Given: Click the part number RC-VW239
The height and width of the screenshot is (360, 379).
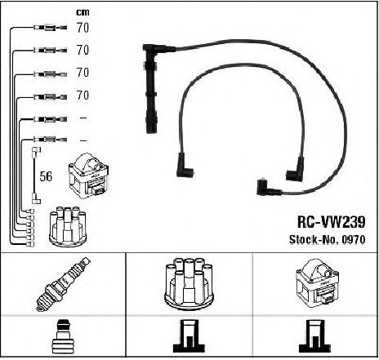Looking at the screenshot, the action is tap(331, 222).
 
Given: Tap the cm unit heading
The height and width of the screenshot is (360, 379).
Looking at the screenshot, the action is tap(82, 12).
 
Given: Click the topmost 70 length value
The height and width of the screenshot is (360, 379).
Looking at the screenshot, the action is tap(82, 28).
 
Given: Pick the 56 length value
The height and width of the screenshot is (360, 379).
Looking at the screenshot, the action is tap(46, 176).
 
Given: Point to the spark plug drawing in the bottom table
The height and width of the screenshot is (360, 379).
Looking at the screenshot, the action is tap(64, 284).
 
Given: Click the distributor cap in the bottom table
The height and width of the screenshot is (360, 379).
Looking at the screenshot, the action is tap(188, 283).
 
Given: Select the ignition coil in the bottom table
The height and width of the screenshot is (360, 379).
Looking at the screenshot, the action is tap(317, 283).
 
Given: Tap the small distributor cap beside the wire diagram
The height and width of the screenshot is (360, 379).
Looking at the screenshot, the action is tap(68, 227).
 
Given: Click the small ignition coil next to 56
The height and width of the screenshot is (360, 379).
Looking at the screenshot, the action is tap(89, 176).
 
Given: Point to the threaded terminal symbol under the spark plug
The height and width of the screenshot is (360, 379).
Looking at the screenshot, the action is tap(63, 337).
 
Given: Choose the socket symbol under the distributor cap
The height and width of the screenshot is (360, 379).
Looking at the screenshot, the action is tap(189, 336).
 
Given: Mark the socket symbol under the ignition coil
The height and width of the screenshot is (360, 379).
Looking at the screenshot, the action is tap(314, 336).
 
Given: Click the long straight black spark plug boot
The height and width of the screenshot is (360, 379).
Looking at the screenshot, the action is tap(151, 90).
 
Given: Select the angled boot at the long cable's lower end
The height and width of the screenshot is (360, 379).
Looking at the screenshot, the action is tap(268, 187).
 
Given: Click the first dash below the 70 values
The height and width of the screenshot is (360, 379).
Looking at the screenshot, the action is tap(82, 118).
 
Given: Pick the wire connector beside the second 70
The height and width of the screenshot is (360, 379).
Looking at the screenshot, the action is tap(50, 50).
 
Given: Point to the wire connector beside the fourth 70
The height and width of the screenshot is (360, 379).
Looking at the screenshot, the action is tap(50, 96).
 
